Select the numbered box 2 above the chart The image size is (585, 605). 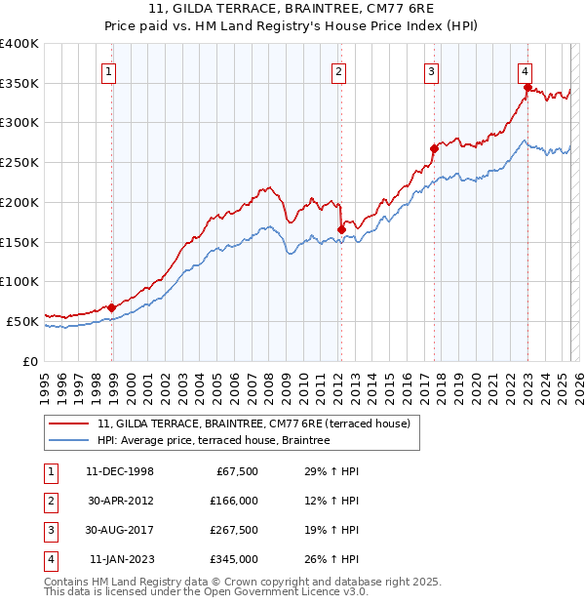coord(338,70)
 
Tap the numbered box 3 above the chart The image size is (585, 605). coord(430,70)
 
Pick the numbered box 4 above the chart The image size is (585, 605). coord(525,70)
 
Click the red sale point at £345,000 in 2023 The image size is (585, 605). coord(527,88)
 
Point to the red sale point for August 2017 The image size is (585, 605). coord(434,148)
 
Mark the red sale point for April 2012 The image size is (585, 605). coord(341,229)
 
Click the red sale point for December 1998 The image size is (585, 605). coord(112,307)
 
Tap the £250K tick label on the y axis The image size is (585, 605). coord(19,162)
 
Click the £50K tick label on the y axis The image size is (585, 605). coord(22,320)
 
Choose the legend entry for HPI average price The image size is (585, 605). coord(214,440)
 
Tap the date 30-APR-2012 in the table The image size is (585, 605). coord(120,501)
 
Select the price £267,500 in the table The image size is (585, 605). coord(233,530)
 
